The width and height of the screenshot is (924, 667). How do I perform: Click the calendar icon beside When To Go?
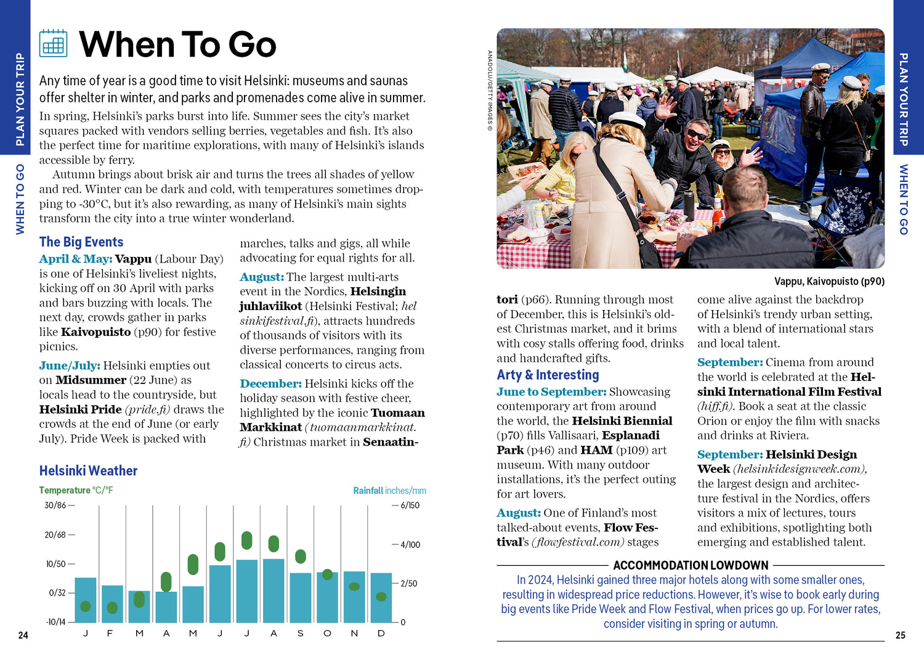tap(53, 43)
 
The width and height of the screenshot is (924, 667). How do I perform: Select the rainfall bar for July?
tap(247, 592)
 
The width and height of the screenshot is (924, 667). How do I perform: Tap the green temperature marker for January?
tap(86, 606)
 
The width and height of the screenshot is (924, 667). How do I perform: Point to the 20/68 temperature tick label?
tap(55, 534)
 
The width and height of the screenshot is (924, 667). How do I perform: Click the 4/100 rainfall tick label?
tap(410, 545)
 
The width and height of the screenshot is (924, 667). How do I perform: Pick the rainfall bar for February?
tap(112, 604)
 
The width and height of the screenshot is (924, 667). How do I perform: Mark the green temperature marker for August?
tap(274, 544)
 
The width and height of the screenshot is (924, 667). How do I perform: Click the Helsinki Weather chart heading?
tap(88, 471)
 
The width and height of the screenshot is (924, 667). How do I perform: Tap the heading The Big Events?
tap(81, 242)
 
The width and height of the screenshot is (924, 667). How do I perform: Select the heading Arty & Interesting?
tap(548, 375)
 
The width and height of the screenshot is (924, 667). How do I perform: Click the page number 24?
tap(23, 635)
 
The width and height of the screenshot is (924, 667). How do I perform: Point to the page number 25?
tap(900, 635)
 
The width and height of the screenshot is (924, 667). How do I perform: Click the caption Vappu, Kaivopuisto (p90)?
tap(829, 282)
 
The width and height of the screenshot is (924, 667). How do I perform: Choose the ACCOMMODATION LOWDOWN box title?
tap(691, 565)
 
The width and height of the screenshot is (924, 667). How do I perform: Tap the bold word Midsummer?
tap(91, 380)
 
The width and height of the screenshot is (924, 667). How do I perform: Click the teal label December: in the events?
tap(270, 383)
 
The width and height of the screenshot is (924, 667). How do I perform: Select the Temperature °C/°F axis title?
tap(76, 491)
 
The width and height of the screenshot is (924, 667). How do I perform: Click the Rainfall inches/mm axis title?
tap(389, 491)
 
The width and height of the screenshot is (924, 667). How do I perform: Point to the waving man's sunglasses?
tap(697, 134)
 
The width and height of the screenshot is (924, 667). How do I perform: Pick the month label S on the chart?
tap(301, 633)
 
